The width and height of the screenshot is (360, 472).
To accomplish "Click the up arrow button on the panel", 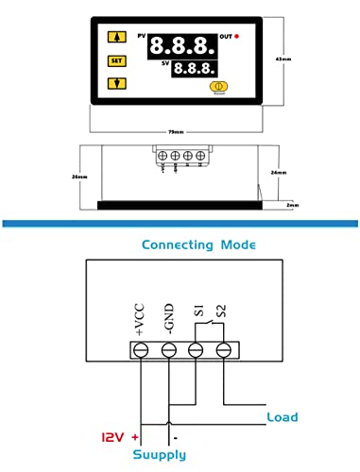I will point(117,39).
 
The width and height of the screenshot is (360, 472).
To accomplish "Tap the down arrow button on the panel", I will point(117,82).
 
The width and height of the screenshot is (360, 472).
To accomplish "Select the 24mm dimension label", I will point(277,173).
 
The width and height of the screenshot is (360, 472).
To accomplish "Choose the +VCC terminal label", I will point(141,318).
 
